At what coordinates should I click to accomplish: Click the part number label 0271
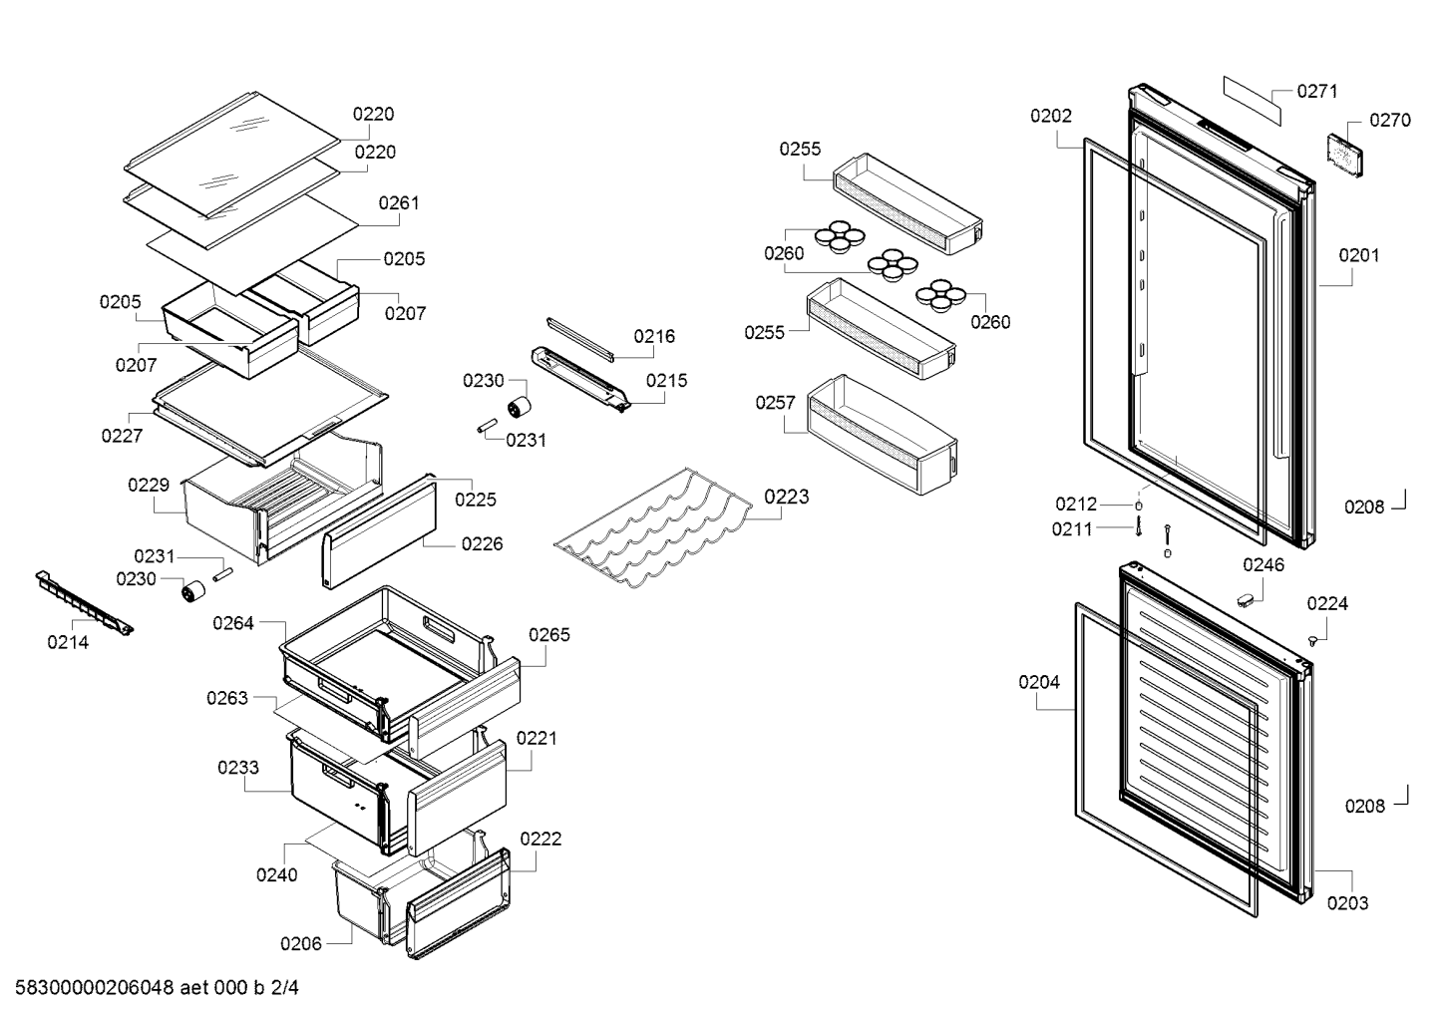point(1316,91)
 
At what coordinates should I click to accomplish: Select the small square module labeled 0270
point(1345,155)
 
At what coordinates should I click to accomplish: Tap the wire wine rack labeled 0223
point(653,527)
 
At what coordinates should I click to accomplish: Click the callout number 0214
point(68,642)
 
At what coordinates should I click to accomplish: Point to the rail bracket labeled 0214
point(84,602)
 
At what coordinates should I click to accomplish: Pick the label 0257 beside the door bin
point(776,403)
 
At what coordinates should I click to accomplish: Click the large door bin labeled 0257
point(883,435)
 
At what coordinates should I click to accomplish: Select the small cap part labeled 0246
point(1246,600)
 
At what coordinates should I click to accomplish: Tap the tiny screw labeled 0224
point(1312,640)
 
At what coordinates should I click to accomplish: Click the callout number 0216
point(654,336)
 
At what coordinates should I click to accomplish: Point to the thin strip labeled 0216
point(580,339)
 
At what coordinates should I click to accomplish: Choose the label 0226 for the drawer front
point(482,544)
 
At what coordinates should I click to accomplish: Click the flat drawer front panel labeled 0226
point(379,531)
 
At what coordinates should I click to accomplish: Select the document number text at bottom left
point(157,988)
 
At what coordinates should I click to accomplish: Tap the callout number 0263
point(227,698)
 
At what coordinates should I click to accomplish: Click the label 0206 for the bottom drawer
point(301,943)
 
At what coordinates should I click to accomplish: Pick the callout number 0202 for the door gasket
point(1051,116)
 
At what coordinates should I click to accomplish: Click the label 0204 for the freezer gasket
point(1039,682)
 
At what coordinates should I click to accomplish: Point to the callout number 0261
point(399,202)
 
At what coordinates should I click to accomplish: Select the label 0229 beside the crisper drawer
point(149,485)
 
